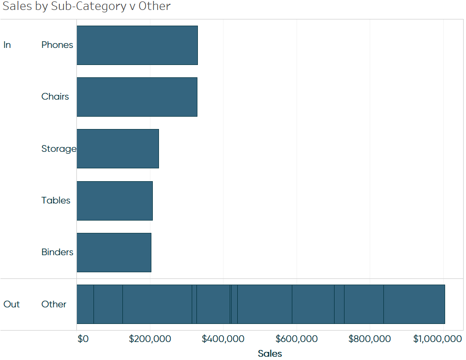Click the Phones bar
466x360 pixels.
pos(137,45)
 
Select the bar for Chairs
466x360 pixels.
pos(137,97)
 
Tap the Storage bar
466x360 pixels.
pos(118,148)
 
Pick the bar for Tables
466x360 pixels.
pos(114,200)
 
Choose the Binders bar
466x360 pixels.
pos(114,252)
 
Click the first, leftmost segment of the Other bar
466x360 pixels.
pos(85,304)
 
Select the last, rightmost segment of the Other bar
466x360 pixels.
pos(414,304)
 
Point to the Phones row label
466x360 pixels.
pos(57,45)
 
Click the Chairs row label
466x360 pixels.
pos(55,97)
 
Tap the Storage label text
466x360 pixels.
pos(58,148)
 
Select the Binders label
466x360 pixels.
pos(57,252)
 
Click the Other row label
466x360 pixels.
pos(54,304)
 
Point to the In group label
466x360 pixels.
pos(7,45)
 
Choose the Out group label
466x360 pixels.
pos(11,304)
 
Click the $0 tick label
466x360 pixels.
pos(83,339)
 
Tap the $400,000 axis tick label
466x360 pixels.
pos(223,339)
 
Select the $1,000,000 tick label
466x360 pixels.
pos(437,339)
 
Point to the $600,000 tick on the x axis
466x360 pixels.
pos(296,339)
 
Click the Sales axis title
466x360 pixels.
pos(270,353)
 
